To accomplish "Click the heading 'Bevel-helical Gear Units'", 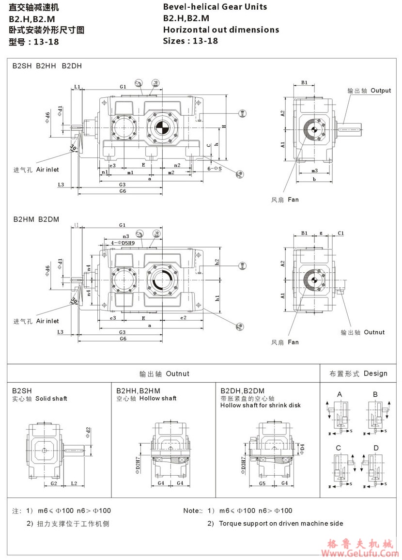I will pos(215,7).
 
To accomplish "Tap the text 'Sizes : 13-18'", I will pos(190,41).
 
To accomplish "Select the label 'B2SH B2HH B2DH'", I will pos(47,66).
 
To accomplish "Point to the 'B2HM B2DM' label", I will pos(36,219).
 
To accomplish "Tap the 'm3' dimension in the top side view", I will pos(314,171).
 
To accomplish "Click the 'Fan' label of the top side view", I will pos(293,200).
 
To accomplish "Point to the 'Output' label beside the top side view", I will pos(381,91).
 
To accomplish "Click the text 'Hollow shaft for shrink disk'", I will pos(261,405).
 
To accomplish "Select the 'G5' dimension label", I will pos(262,483).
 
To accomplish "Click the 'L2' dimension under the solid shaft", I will pos(74,483).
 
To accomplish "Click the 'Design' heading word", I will pos(375,373).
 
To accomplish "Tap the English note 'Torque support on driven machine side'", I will pos(281,524).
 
